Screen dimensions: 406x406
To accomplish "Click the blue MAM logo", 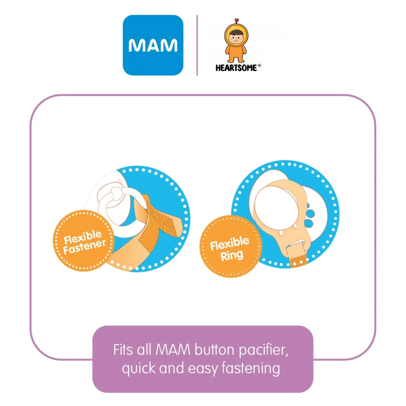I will tap(153, 45).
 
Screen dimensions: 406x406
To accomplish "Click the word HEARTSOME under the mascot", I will tap(236, 68).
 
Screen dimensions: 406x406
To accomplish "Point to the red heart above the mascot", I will tap(237, 20).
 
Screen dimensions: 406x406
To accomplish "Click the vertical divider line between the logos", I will tap(197, 45).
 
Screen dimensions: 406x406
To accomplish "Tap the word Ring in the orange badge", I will tap(232, 255).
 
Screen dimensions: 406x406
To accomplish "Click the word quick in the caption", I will tap(139, 368).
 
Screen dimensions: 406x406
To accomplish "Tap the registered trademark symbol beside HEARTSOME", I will tap(259, 67).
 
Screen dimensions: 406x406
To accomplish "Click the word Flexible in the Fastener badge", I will tap(82, 237).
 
